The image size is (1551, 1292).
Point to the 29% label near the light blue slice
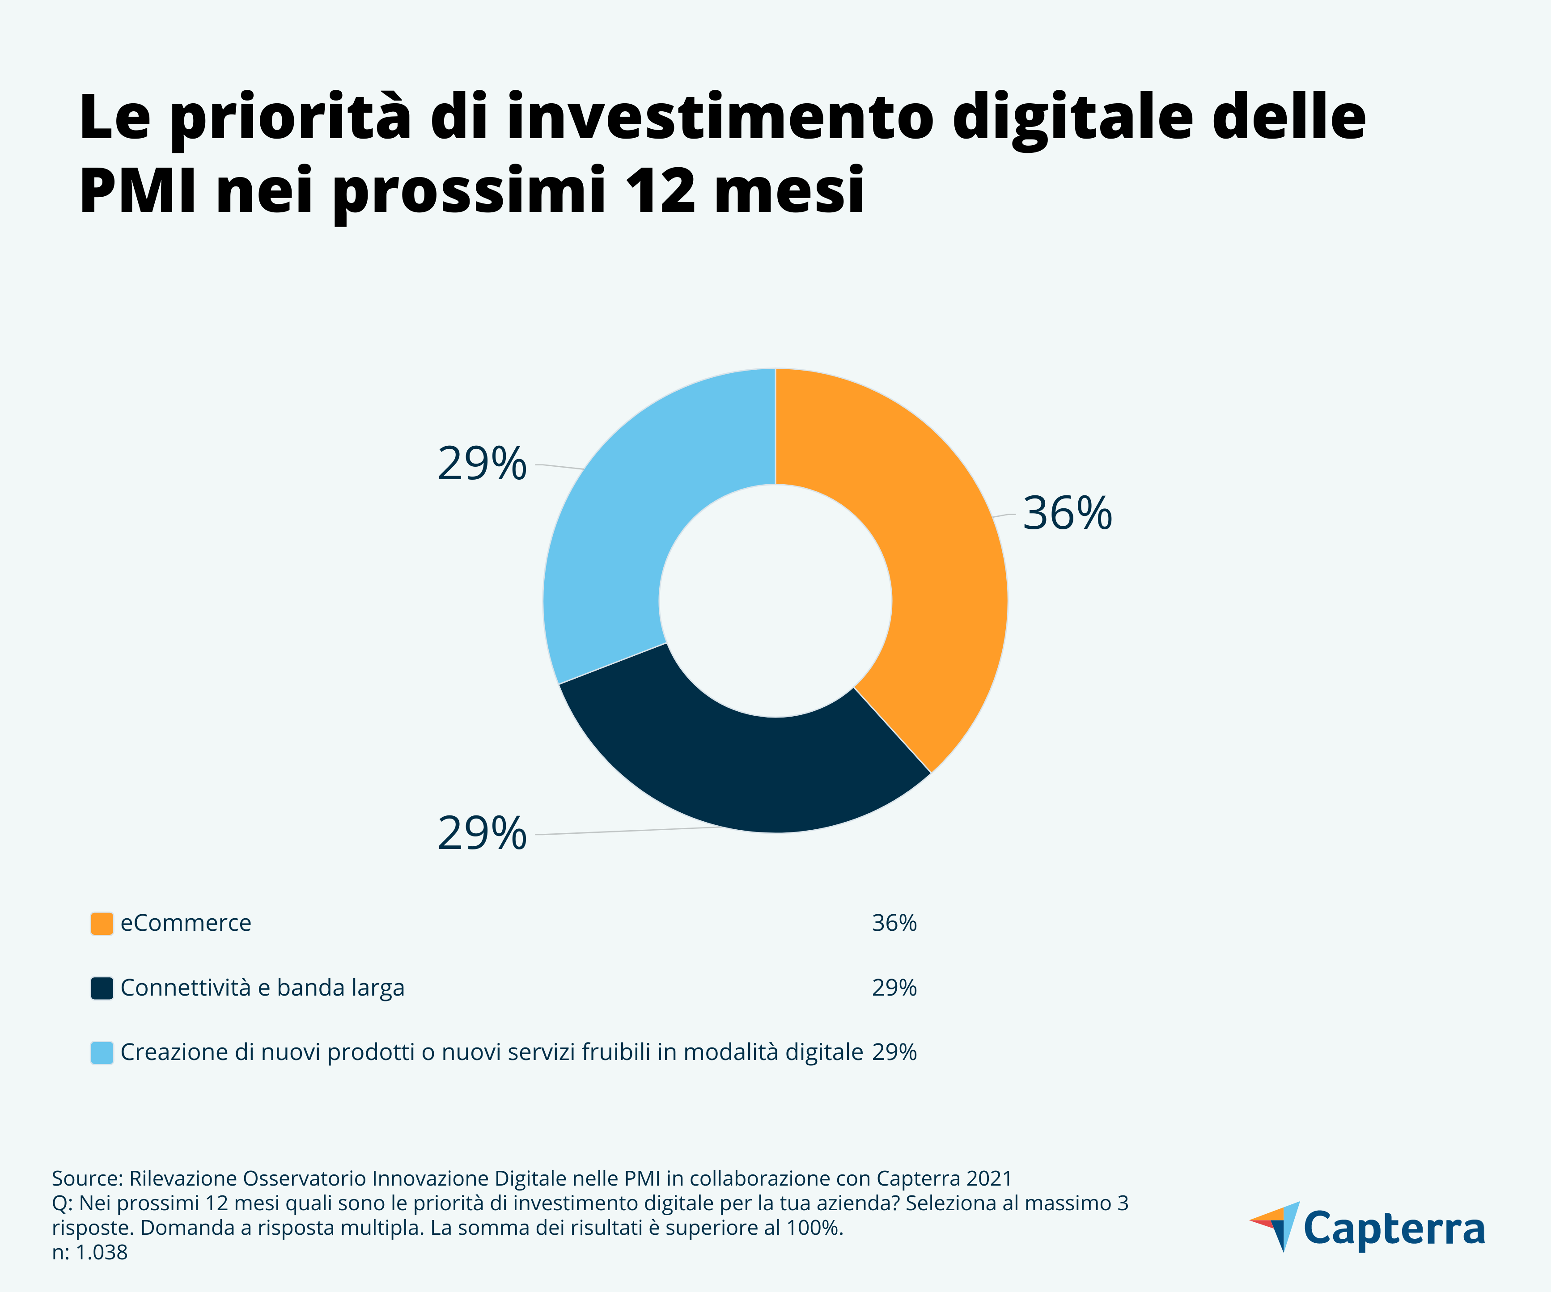click(x=482, y=464)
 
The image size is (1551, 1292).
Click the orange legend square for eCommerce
click(x=102, y=924)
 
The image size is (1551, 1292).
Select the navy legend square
click(x=102, y=988)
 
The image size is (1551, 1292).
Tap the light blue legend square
click(x=102, y=1053)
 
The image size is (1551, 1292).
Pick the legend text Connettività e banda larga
click(x=262, y=988)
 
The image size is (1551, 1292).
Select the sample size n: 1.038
click(x=89, y=1253)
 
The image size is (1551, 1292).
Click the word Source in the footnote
click(x=84, y=1178)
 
